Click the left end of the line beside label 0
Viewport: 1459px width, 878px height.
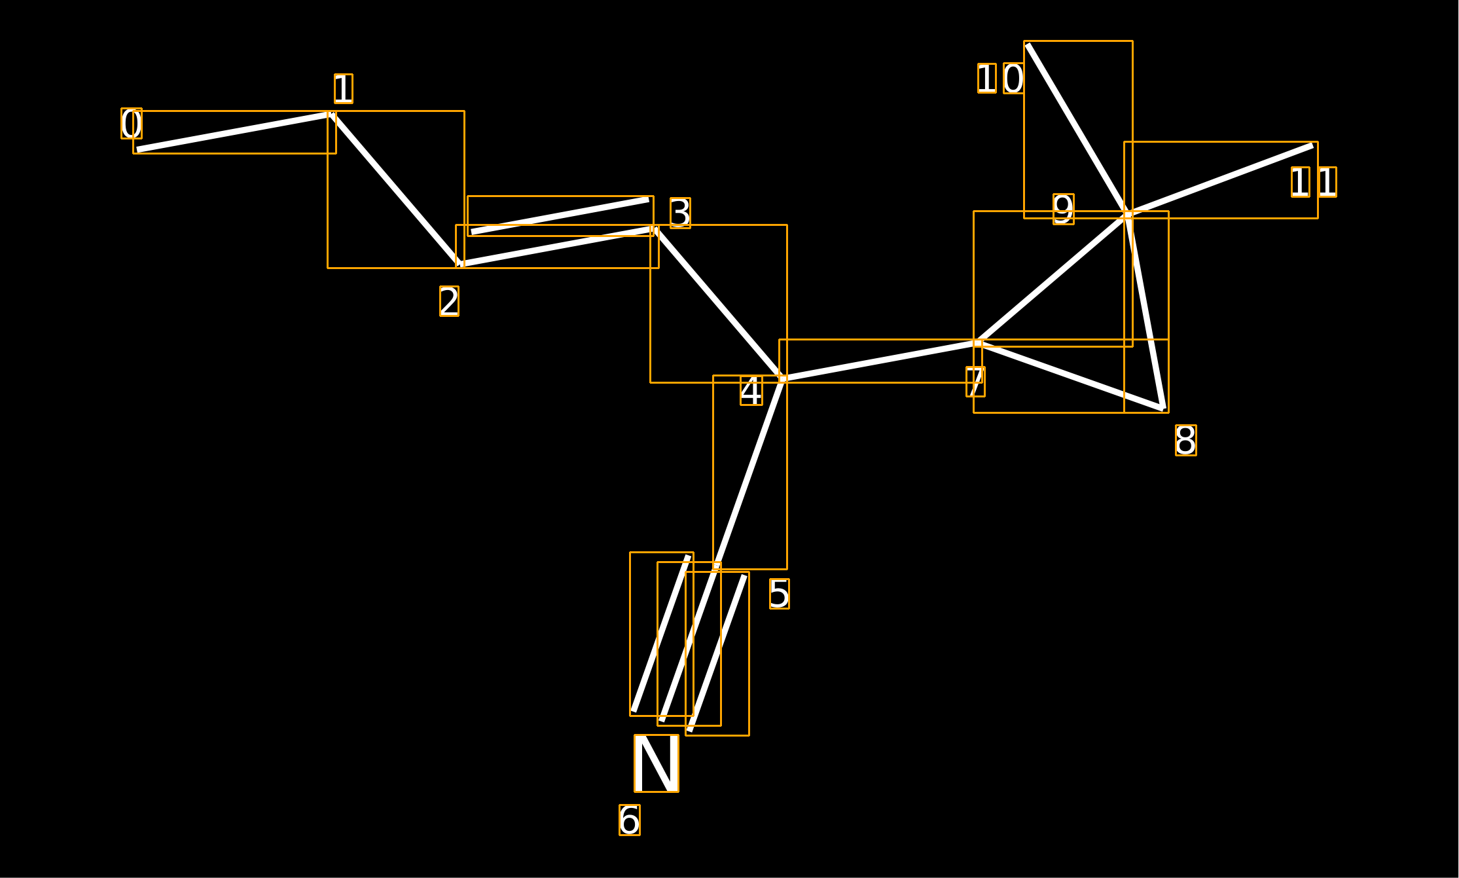click(137, 150)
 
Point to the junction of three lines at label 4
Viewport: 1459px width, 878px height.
click(783, 378)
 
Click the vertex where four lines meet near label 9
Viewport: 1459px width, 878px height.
click(1128, 214)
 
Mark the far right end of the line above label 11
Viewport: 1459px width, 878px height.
click(1313, 145)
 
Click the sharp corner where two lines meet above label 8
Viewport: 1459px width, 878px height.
click(1164, 409)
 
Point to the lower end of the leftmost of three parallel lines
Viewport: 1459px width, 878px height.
click(634, 711)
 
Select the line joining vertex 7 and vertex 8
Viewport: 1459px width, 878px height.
click(1071, 376)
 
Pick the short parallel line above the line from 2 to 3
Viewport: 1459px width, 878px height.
click(560, 215)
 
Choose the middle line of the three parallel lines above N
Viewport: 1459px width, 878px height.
click(689, 644)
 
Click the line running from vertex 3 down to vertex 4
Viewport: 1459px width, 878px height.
click(719, 304)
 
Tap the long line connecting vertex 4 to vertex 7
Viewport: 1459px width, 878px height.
click(880, 361)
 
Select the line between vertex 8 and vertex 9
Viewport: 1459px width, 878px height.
click(1146, 312)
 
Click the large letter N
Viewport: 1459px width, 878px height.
click(657, 763)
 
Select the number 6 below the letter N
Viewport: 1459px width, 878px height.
click(630, 820)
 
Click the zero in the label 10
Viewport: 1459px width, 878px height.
click(1013, 79)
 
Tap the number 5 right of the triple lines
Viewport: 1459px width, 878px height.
click(780, 594)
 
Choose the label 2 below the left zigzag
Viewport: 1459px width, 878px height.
click(449, 301)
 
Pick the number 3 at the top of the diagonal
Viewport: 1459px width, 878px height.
click(680, 213)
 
